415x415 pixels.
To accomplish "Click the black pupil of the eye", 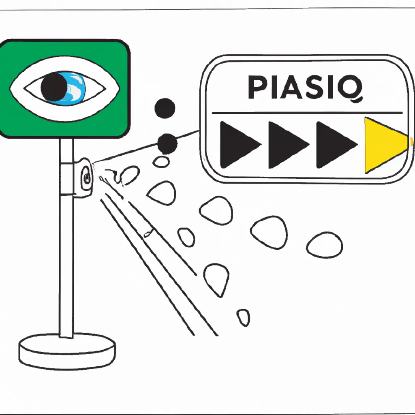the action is tap(54, 87).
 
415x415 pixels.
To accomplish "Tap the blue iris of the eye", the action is tap(75, 89).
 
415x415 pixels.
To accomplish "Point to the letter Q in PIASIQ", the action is tap(351, 88).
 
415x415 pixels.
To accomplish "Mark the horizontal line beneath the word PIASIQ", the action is tap(307, 113).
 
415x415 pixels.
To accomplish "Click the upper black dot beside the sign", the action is tap(165, 108).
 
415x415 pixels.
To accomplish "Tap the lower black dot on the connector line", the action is tap(167, 144).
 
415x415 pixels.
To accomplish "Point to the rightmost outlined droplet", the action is tap(325, 245).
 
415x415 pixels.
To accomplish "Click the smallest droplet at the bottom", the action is tap(243, 318).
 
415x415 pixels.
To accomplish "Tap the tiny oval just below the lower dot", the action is tap(161, 162).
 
